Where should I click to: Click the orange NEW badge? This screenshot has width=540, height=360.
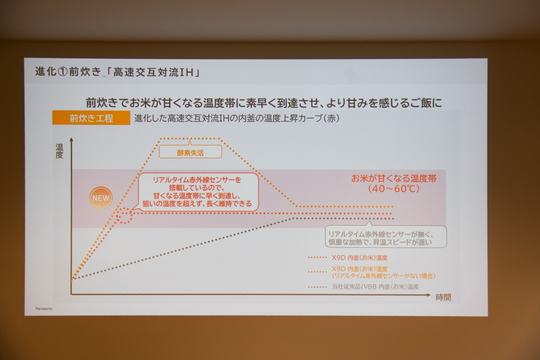pos(101,198)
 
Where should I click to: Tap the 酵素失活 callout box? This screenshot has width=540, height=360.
pos(191,152)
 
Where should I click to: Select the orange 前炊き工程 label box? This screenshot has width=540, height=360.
pos(91,118)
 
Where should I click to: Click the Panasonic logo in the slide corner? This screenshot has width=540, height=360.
pos(44,309)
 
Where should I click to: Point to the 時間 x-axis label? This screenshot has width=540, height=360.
pos(443,297)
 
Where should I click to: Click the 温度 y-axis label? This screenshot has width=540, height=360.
pos(59,151)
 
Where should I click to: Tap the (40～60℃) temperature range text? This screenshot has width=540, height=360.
pos(394,188)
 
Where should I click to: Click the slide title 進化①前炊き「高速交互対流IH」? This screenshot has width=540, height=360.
pos(118,72)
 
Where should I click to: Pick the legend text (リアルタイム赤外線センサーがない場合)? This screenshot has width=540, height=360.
pos(383,276)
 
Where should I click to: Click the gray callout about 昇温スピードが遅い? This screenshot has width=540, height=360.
pos(386,236)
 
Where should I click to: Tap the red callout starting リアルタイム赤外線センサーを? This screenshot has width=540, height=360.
pos(198,192)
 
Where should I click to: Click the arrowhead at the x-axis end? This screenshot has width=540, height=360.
pos(428,295)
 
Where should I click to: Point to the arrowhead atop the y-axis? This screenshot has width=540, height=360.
pos(71,140)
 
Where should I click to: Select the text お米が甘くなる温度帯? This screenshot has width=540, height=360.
pos(394,178)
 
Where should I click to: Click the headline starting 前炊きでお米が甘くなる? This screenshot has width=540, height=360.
pos(264,103)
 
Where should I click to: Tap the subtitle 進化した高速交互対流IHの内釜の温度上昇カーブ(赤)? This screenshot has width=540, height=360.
pos(237,118)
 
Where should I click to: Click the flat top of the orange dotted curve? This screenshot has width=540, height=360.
pos(190,139)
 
